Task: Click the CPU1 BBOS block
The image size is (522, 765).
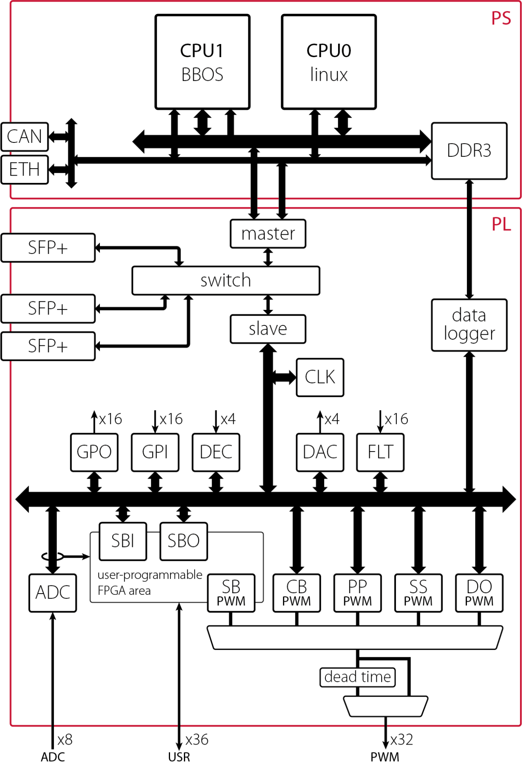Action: point(202,62)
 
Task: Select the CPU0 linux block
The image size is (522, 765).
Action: point(329,62)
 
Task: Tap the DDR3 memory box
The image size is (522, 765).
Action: point(469,151)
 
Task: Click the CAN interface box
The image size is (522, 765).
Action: point(24,137)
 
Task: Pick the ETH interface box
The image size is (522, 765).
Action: point(24,169)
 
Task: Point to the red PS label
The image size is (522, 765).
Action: point(501,18)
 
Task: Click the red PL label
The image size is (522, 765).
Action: point(501,224)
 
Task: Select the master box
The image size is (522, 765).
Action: point(268,234)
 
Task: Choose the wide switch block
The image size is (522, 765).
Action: point(226,280)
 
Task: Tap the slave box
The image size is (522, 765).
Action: point(268,329)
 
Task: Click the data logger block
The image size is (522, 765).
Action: point(469,325)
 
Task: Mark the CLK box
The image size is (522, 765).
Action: point(320,377)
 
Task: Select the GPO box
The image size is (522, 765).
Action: point(94,452)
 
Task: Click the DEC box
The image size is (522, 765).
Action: point(216,452)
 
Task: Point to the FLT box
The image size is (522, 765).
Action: point(380,452)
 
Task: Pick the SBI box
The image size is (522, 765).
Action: point(123,541)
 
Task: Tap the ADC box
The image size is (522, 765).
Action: point(53,593)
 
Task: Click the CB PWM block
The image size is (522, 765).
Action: point(296,593)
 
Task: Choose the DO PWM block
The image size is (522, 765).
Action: point(479,593)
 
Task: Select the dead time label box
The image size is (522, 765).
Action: point(357,677)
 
